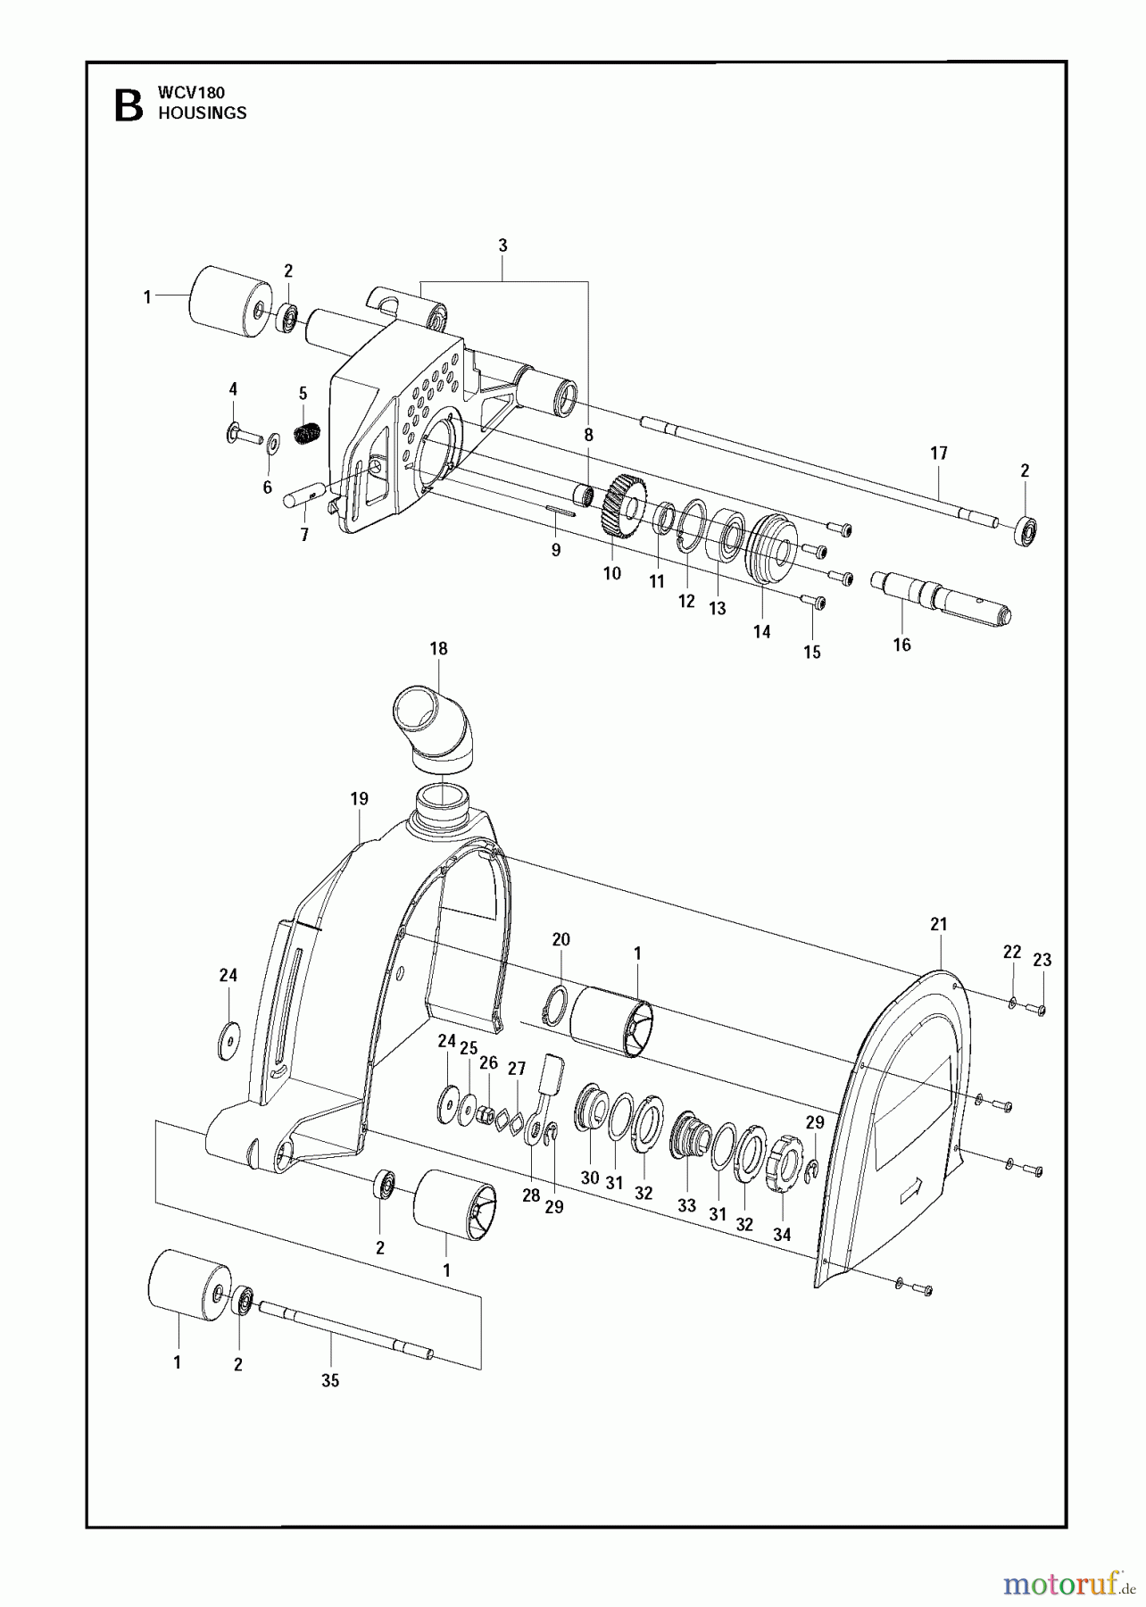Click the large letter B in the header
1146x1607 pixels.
point(129,104)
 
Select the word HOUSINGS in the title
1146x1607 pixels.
point(202,113)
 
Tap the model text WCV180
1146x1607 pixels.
point(191,92)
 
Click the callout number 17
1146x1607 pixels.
point(938,454)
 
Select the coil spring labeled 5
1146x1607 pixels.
point(308,433)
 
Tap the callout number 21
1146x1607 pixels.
point(938,925)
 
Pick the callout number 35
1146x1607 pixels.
point(330,1380)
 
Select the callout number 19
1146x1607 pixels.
point(359,799)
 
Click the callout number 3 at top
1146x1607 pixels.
point(502,246)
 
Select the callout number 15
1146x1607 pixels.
point(811,653)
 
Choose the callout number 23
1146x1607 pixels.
point(1042,961)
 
